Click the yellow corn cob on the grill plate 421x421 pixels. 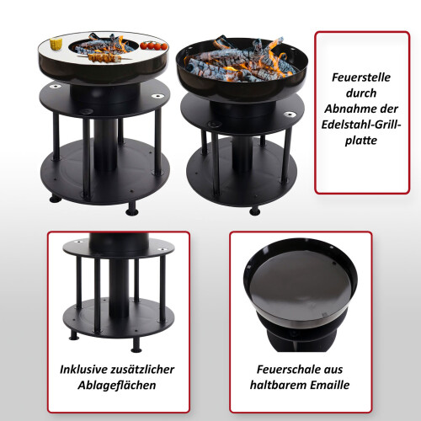[x=56, y=44]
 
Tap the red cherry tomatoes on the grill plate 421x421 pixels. [x=153, y=45]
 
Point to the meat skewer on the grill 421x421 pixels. [x=104, y=58]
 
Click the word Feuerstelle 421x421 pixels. [x=361, y=77]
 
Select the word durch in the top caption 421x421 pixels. [x=361, y=93]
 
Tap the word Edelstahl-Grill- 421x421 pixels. [x=361, y=125]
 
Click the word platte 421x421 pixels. [x=361, y=141]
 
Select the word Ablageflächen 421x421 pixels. [x=117, y=386]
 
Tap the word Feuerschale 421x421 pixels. [x=289, y=370]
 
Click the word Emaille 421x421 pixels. [x=328, y=386]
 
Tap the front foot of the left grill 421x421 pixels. [x=132, y=210]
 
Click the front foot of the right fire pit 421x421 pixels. [x=255, y=210]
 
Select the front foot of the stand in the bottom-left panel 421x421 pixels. [x=136, y=345]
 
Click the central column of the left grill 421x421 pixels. [x=105, y=144]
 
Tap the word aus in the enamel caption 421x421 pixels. [x=333, y=370]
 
